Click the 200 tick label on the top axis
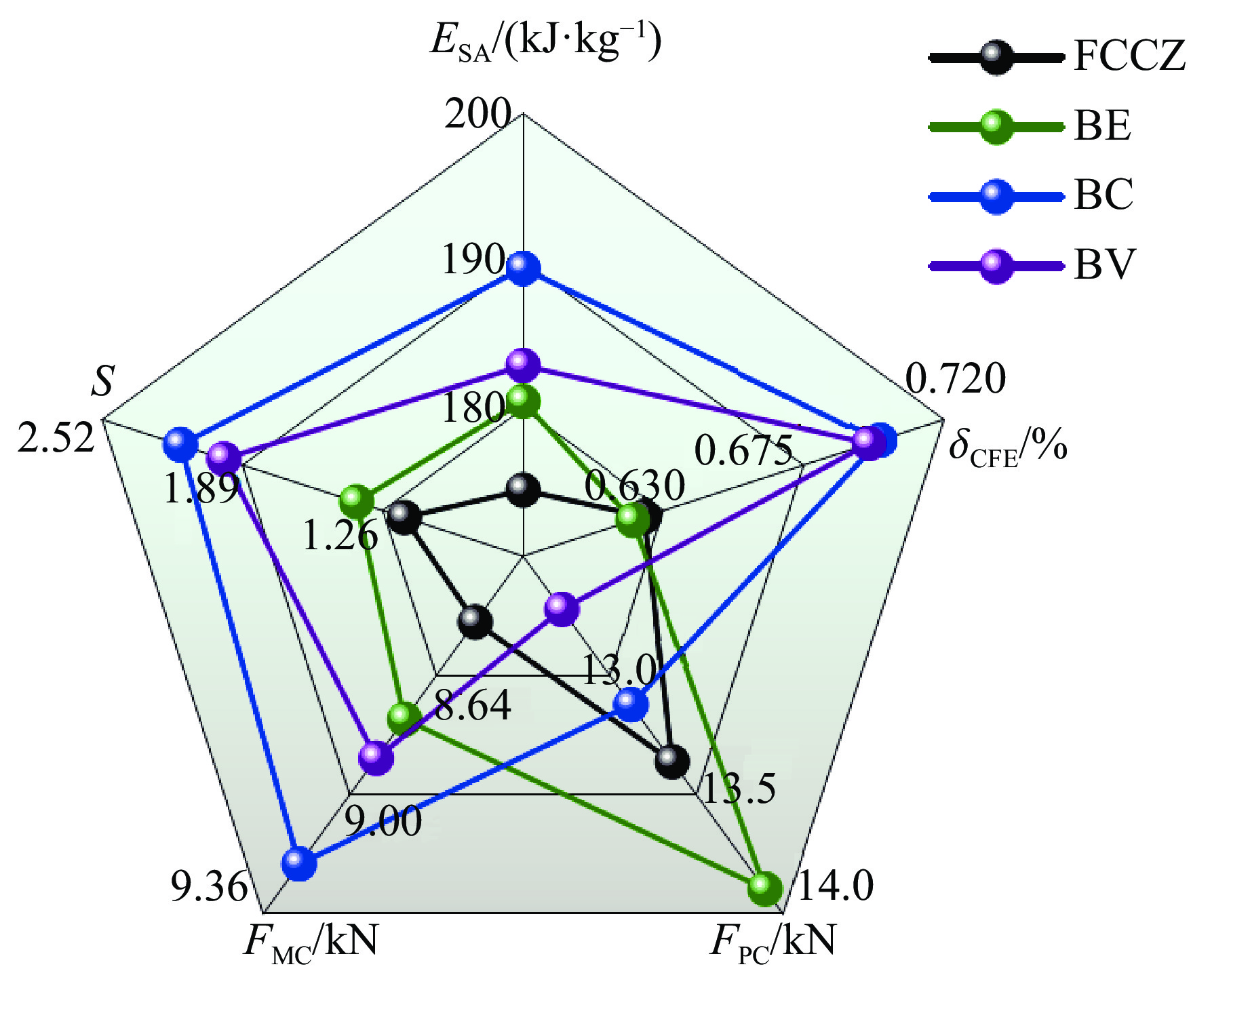[x=477, y=113]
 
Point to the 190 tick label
[x=473, y=259]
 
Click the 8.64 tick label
[x=473, y=705]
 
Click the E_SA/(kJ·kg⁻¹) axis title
[x=546, y=42]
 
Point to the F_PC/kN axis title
[x=773, y=942]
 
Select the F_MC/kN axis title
[x=311, y=942]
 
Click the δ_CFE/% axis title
[x=1008, y=448]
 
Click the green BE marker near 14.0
[x=764, y=888]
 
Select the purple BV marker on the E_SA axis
[x=523, y=366]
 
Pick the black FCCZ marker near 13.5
[x=671, y=761]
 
